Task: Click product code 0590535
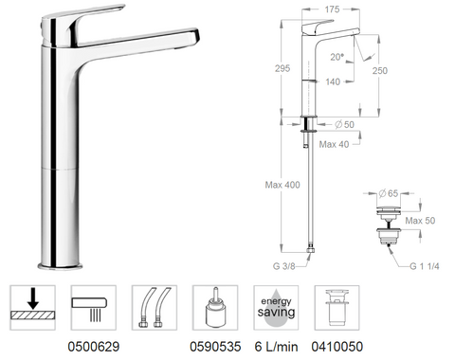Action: coord(213,348)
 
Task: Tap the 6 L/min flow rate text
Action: coord(274,348)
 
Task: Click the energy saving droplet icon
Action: coord(273,307)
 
